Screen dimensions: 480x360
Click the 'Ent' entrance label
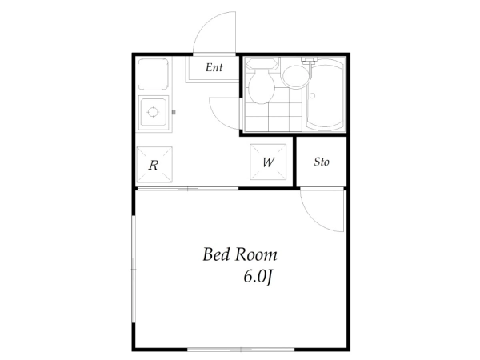coord(214,67)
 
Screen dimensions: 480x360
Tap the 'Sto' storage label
coord(322,162)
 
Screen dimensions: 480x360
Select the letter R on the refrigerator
coord(154,166)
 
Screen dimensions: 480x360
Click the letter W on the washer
coord(269,162)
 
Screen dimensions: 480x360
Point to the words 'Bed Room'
coord(240,254)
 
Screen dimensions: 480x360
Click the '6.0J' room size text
coord(258,277)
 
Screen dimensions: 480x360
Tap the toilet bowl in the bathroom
coord(261,86)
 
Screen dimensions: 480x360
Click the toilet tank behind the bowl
coord(262,63)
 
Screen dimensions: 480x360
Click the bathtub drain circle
coord(312,95)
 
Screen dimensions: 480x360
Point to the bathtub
coord(326,94)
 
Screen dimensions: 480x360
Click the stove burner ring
coord(153,112)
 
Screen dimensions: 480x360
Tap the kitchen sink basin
coord(153,74)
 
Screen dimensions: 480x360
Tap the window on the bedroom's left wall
coord(134,269)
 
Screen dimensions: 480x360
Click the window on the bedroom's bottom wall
coord(241,350)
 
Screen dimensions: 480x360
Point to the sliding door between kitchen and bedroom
coord(187,189)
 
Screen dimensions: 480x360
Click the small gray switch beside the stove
coord(174,112)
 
